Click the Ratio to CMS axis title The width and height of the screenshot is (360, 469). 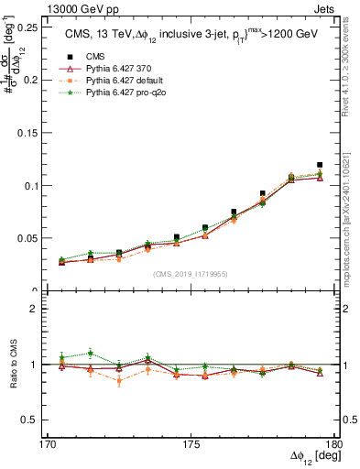point(11,364)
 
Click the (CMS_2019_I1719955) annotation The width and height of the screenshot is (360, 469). point(191,272)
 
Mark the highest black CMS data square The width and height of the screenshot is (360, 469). point(320,165)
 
